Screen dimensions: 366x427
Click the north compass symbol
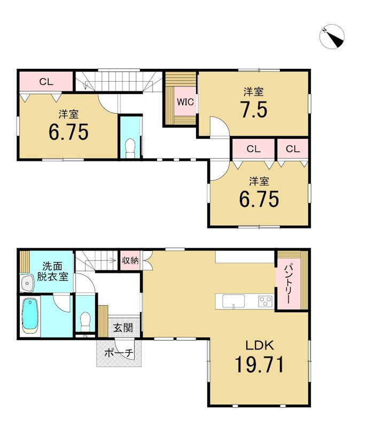coord(332,36)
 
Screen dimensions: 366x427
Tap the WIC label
coord(185,102)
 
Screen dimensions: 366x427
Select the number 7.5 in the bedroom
coord(254,109)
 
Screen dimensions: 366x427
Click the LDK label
coord(260,345)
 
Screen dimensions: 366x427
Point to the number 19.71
coord(260,365)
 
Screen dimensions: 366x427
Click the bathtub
coord(30,316)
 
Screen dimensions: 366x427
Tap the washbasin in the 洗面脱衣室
coord(27,283)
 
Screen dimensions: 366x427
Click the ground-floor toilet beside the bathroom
coord(85,321)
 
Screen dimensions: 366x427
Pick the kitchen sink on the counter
coord(233,302)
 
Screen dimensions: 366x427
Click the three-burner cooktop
coord(266,302)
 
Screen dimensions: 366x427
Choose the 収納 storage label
coord(130,260)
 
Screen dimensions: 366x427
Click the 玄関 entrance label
coord(123,328)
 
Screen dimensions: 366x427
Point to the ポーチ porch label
coord(119,353)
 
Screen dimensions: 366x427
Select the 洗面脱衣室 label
coord(52,271)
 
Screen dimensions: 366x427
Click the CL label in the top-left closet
coord(46,82)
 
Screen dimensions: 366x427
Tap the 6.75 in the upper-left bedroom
coord(69,132)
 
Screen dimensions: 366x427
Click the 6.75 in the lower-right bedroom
coord(259,199)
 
